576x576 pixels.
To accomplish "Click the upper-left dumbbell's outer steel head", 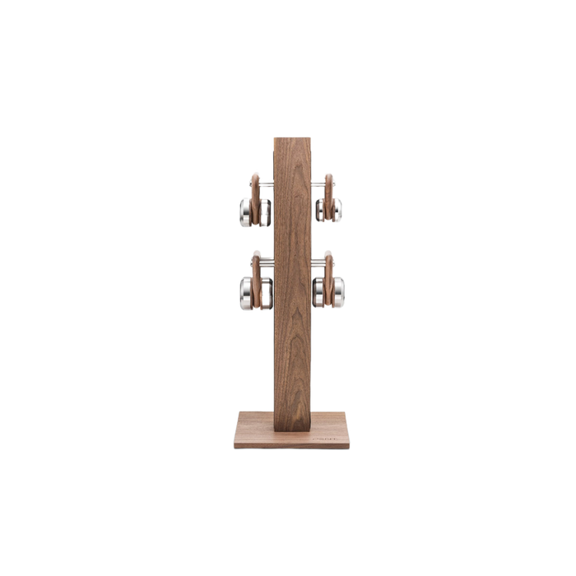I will pyautogui.click(x=245, y=212).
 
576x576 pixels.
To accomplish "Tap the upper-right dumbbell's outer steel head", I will pyautogui.click(x=338, y=211).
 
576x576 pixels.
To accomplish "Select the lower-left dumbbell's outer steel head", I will pyautogui.click(x=247, y=288).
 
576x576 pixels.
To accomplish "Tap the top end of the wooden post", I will pyautogui.click(x=292, y=136).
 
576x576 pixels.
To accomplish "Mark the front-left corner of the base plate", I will pyautogui.click(x=233, y=448).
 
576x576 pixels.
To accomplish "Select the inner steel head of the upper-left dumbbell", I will pyautogui.click(x=265, y=212).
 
